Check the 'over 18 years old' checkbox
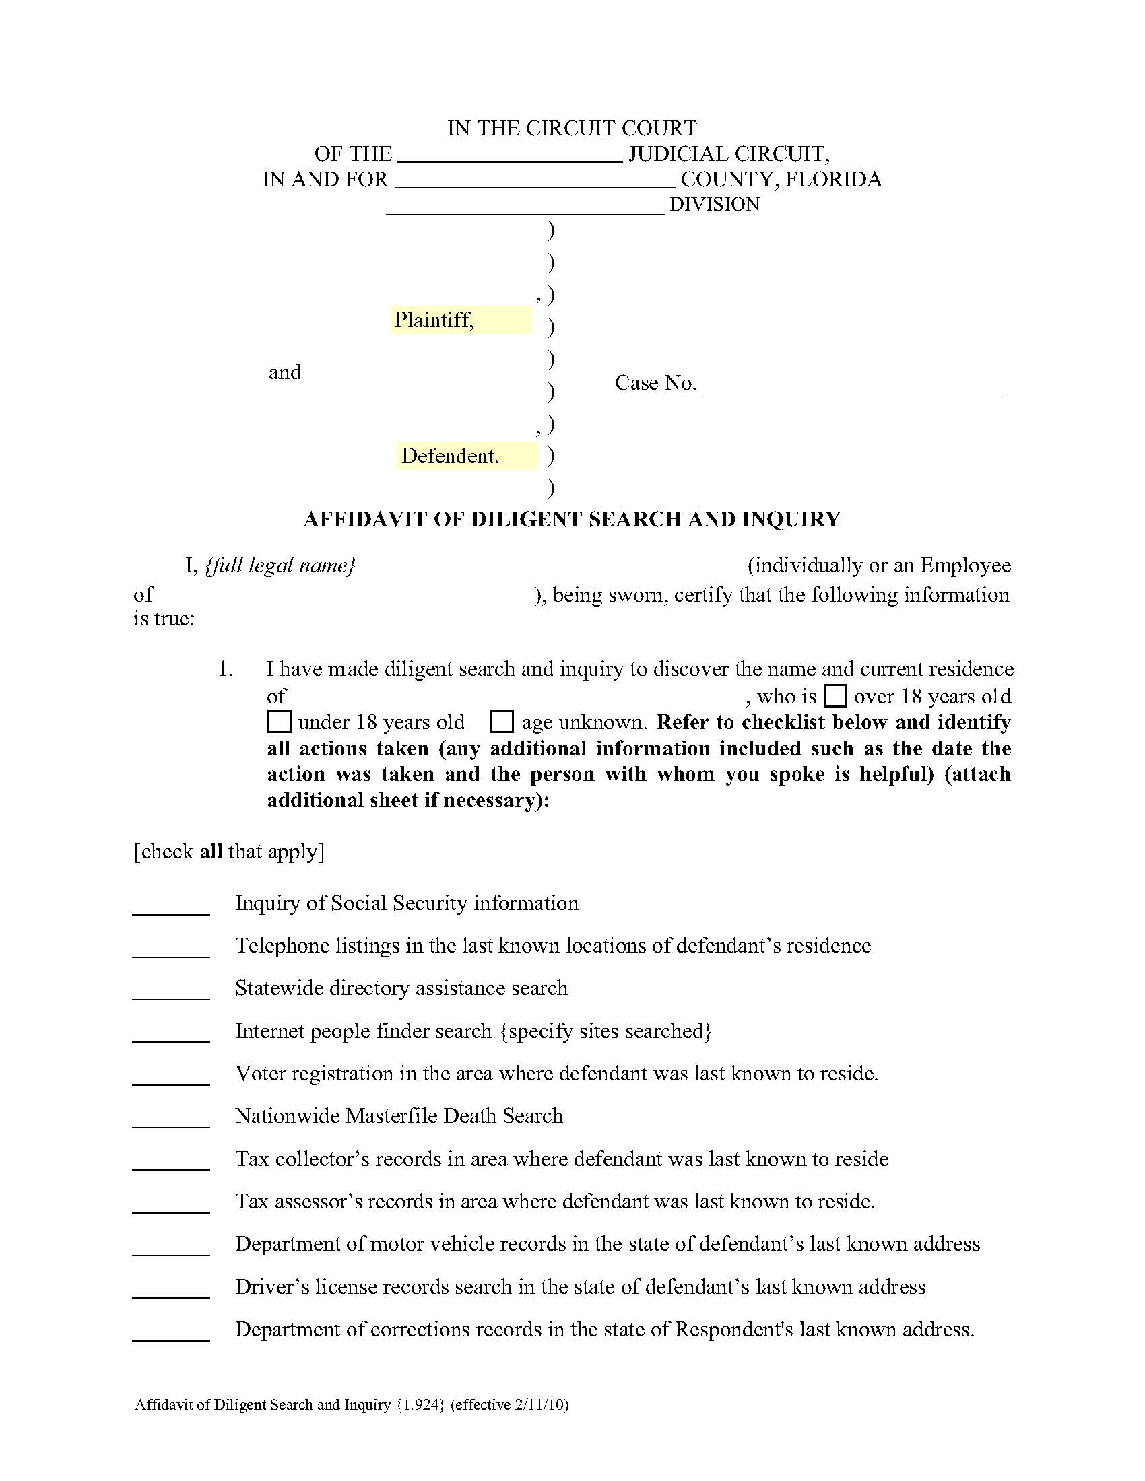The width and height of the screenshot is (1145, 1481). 835,696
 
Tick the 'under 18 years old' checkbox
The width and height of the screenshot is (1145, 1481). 279,722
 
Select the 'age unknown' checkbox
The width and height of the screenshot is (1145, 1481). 501,722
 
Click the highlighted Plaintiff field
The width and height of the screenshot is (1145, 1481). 461,319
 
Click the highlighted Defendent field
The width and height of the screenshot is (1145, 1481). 467,456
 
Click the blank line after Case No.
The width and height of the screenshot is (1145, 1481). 854,385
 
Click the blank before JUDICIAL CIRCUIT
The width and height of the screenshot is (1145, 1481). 509,155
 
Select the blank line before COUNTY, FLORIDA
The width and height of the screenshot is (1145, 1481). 534,180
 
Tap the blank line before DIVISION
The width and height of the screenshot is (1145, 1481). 525,205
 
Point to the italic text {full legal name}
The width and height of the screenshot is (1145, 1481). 280,565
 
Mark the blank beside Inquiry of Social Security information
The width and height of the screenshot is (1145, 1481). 171,906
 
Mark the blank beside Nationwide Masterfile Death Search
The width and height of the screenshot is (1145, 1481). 171,1119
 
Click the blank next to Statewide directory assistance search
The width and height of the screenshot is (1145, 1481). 171,991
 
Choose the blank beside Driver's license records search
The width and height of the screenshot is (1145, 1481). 171,1289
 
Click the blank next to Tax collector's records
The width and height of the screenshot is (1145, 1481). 171,1162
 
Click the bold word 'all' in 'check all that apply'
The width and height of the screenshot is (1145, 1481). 211,852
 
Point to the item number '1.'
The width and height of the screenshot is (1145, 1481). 225,670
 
